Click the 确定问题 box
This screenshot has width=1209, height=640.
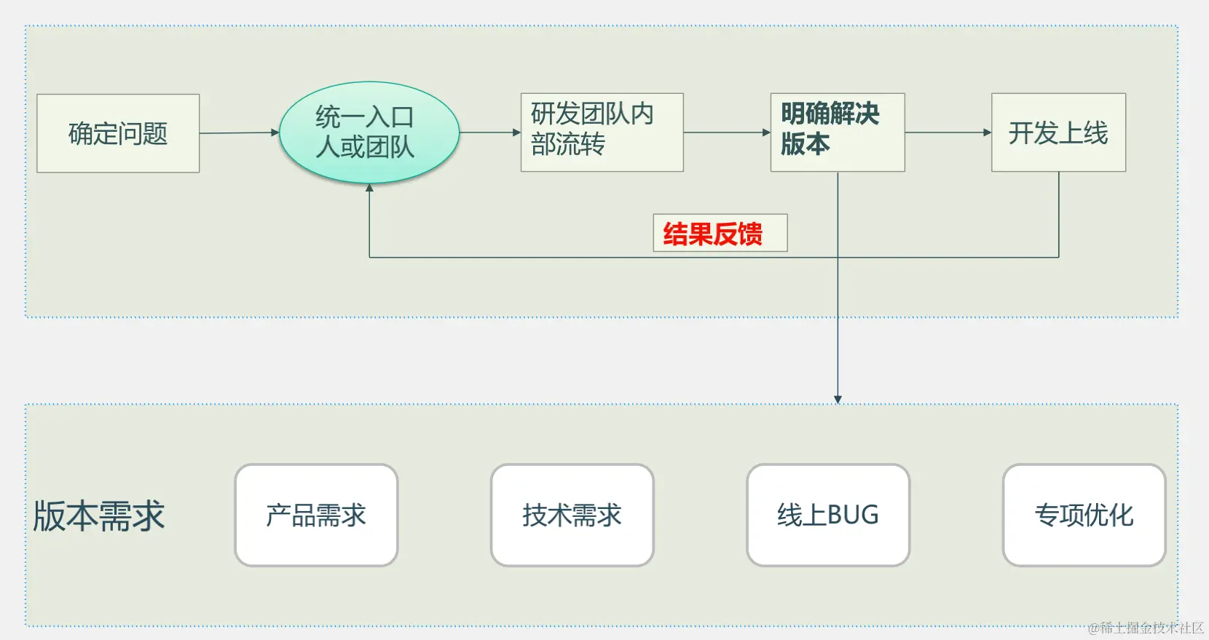(x=118, y=133)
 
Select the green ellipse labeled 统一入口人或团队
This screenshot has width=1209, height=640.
(x=369, y=132)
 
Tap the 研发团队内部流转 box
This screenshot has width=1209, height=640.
(x=602, y=132)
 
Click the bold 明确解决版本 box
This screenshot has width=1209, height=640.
(x=837, y=132)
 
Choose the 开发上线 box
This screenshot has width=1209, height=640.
(x=1058, y=133)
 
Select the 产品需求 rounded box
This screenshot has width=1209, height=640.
(x=316, y=515)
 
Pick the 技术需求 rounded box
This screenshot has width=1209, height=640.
(x=572, y=515)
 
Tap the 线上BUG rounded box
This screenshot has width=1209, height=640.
(x=828, y=515)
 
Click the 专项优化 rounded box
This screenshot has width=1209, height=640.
(x=1084, y=515)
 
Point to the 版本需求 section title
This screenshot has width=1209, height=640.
(x=99, y=515)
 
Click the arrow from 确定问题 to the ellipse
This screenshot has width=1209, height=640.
(x=239, y=133)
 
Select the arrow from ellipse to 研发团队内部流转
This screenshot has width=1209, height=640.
(x=489, y=133)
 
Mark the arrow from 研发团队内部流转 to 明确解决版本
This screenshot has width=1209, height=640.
(x=726, y=133)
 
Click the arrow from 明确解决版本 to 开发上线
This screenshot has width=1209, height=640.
(x=948, y=133)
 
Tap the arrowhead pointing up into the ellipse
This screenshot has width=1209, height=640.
(x=369, y=188)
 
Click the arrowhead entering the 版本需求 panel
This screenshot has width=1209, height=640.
(x=838, y=399)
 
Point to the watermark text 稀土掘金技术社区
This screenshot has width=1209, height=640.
(x=1146, y=628)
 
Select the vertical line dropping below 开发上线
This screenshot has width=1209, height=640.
(x=1058, y=215)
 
